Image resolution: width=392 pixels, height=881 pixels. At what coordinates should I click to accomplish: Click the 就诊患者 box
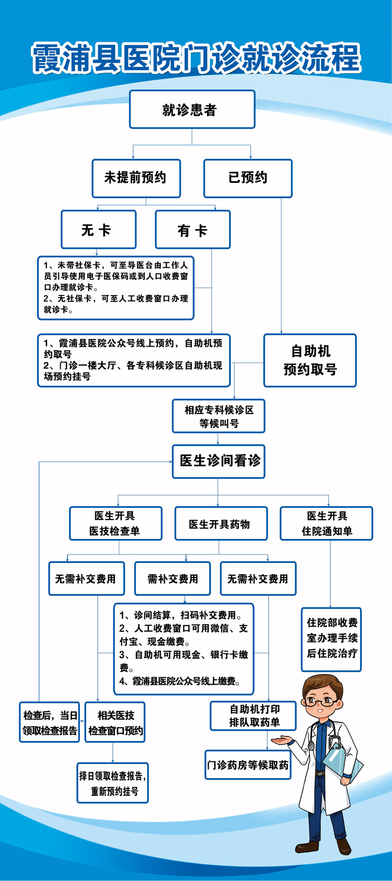pyautogui.click(x=192, y=110)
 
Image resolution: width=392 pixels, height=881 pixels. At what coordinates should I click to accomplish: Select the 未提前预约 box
pyautogui.click(x=136, y=178)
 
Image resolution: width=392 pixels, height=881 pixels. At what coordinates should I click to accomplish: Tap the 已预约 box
pyautogui.click(x=248, y=178)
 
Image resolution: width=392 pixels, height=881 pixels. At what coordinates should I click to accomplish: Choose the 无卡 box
pyautogui.click(x=98, y=230)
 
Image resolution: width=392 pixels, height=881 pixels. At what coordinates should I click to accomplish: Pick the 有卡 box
pyautogui.click(x=192, y=230)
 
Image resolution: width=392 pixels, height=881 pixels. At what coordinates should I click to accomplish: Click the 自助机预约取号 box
pyautogui.click(x=310, y=360)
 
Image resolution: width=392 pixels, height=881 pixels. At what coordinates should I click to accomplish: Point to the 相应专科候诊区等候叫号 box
pyautogui.click(x=218, y=416)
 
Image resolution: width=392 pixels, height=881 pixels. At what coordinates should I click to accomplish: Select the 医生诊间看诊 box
pyautogui.click(x=218, y=461)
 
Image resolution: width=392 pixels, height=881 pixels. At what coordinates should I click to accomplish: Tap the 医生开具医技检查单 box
pyautogui.click(x=116, y=523)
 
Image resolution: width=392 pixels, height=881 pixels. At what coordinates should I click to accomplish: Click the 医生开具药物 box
pyautogui.click(x=221, y=524)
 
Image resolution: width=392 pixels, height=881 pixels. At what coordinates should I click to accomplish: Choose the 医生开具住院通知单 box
pyautogui.click(x=326, y=523)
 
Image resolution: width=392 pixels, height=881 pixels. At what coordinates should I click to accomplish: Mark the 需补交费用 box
pyautogui.click(x=172, y=579)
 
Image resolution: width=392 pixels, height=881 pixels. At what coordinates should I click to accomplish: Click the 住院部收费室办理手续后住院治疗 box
pyautogui.click(x=331, y=639)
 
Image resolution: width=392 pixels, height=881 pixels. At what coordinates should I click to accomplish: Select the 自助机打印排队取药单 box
pyautogui.click(x=253, y=715)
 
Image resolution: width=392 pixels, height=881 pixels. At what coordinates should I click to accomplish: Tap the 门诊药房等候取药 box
pyautogui.click(x=247, y=765)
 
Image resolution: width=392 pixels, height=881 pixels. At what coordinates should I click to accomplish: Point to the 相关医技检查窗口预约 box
pyautogui.click(x=115, y=723)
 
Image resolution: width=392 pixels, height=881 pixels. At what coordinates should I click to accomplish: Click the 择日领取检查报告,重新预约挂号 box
pyautogui.click(x=112, y=783)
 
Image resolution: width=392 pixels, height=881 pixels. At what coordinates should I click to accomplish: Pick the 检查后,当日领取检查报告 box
pyautogui.click(x=50, y=723)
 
